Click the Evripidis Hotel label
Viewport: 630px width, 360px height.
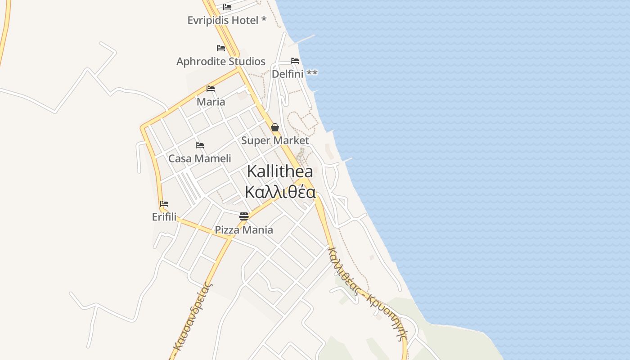tap(226, 20)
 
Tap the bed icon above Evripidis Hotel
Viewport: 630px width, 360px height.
tap(227, 7)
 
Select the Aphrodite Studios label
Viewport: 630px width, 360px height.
tap(220, 61)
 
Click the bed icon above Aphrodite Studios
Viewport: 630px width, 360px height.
tap(221, 48)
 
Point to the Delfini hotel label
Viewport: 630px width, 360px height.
tap(294, 74)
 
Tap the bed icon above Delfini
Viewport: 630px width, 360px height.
tap(295, 60)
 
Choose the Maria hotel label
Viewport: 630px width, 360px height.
tap(211, 102)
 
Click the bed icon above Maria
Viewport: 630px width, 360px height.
tap(211, 88)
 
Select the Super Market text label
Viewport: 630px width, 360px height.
tap(275, 140)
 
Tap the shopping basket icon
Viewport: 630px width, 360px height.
tap(275, 127)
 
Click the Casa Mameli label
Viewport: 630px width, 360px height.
tap(199, 158)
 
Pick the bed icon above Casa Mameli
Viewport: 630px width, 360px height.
tap(200, 145)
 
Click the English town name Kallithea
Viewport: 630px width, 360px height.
tap(280, 171)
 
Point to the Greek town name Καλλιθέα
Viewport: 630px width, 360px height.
tap(280, 192)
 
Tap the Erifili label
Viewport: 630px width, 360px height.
tap(164, 217)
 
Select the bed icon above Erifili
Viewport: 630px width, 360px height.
tap(164, 203)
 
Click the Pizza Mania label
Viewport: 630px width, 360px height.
tap(243, 230)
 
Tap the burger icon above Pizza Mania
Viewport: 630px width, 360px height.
tap(244, 216)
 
